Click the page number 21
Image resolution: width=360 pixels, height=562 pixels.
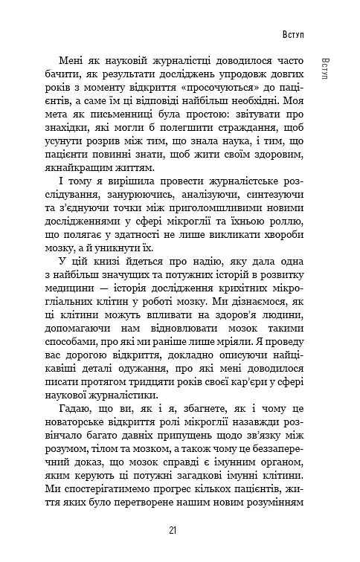point(173,530)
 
